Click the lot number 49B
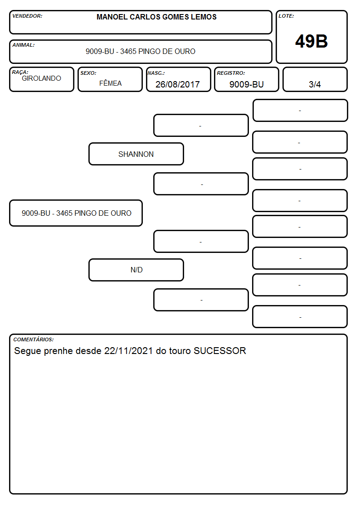(311, 41)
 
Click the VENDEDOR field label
(27, 16)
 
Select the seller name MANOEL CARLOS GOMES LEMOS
(156, 17)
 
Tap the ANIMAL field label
(24, 45)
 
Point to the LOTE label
(286, 16)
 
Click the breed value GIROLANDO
(41, 78)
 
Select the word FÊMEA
(110, 83)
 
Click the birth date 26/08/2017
(178, 84)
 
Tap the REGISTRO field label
(231, 73)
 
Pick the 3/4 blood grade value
(315, 84)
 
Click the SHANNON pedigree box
(136, 154)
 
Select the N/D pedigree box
(136, 270)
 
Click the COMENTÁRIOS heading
(34, 339)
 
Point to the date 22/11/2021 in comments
(128, 351)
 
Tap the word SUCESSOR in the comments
(220, 351)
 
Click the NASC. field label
(156, 73)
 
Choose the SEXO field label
(88, 73)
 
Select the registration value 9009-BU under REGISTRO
(246, 84)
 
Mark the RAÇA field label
(20, 72)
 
